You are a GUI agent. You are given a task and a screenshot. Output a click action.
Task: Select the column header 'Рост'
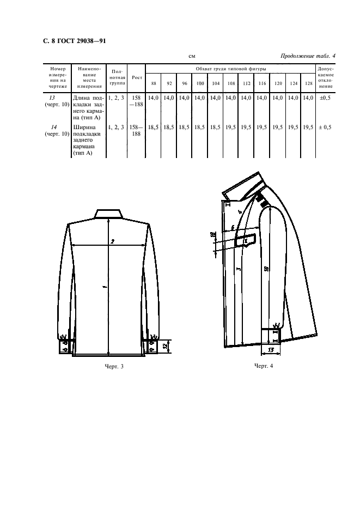pyautogui.click(x=137, y=78)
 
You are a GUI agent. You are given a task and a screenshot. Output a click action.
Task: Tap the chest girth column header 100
pyautogui.click(x=200, y=83)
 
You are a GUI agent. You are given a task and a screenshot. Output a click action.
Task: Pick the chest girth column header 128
pyautogui.click(x=308, y=83)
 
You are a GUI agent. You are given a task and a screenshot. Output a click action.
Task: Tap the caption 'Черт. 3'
pyautogui.click(x=114, y=366)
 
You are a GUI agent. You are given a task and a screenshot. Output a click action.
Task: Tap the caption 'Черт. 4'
pyautogui.click(x=263, y=365)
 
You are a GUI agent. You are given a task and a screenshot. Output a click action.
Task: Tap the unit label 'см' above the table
pyautogui.click(x=192, y=56)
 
